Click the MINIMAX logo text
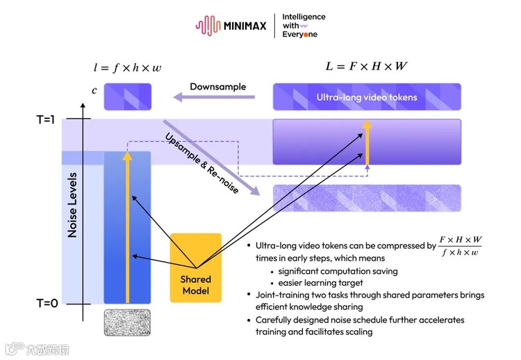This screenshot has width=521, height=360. (245, 26)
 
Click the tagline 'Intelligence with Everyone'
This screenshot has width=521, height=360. (304, 26)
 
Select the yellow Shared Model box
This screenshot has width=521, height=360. (196, 268)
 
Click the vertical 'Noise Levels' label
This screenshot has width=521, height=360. (72, 205)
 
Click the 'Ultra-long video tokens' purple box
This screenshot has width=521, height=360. (367, 97)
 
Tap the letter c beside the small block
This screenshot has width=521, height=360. (94, 90)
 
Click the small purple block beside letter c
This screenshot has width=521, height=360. (127, 97)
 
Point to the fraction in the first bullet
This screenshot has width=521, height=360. (461, 245)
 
